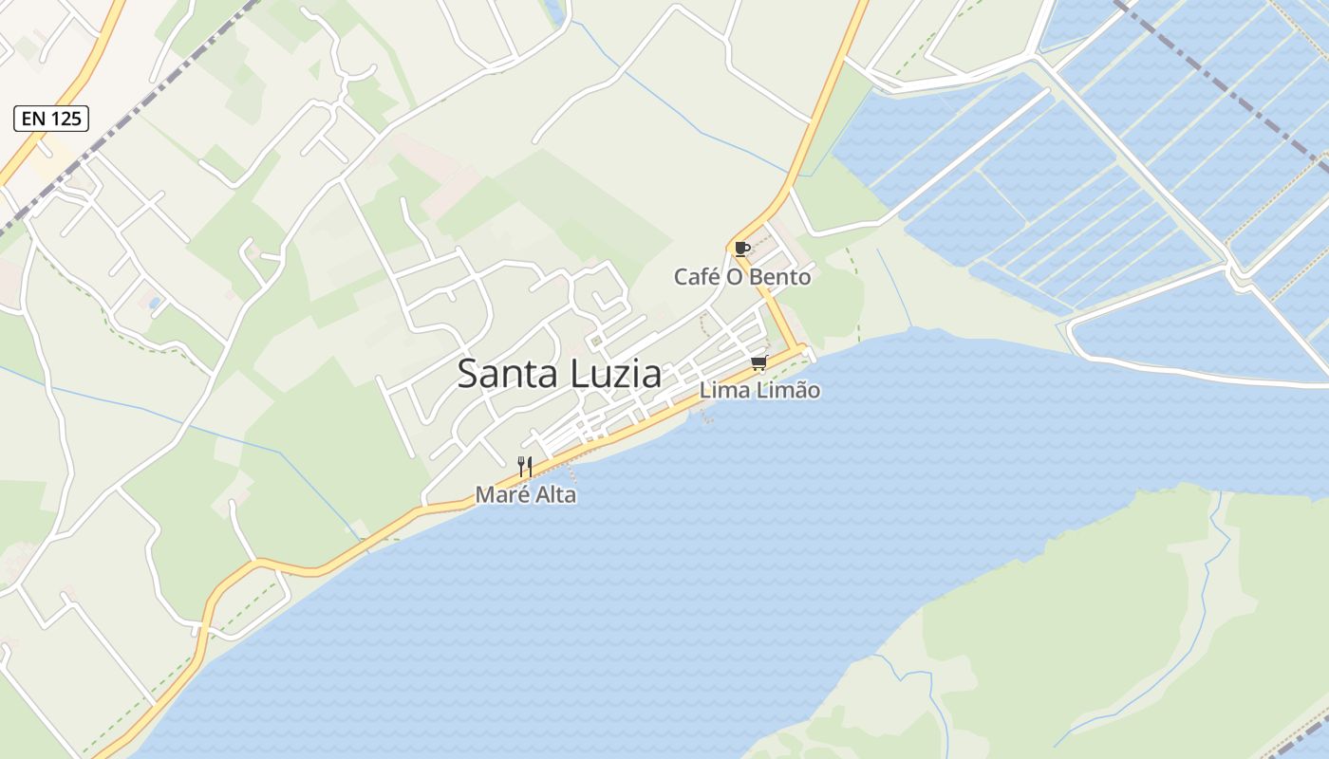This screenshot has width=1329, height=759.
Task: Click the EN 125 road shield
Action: coord(51,119)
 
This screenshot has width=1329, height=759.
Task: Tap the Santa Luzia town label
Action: coord(559,374)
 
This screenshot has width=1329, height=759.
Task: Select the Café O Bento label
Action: coord(742,277)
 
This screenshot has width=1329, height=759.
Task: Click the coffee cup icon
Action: coord(742,250)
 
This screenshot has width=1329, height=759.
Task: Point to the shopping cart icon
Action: coord(758,363)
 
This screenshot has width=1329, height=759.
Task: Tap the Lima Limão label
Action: coord(759,390)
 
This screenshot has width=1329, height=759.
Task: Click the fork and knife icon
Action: coord(525,466)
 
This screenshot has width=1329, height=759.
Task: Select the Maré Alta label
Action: coord(525,494)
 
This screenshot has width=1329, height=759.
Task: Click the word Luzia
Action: coord(616,374)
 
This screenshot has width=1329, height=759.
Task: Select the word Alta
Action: coord(554,494)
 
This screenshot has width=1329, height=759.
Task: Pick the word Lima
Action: coord(721,390)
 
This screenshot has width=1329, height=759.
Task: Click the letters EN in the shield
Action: coord(33,119)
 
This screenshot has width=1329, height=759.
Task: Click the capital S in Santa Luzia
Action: coord(468,374)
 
